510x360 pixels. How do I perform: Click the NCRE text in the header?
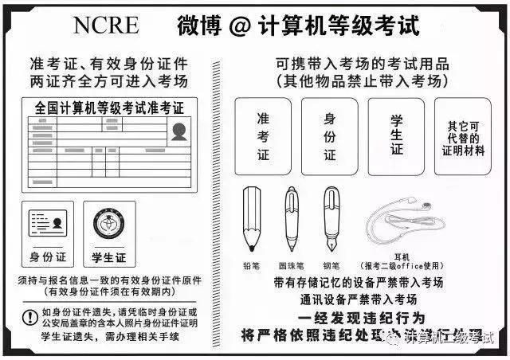point(106,25)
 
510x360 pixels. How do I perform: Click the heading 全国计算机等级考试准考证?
point(109,108)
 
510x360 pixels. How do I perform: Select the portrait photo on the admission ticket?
point(178,132)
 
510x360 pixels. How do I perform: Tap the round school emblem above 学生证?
point(109,225)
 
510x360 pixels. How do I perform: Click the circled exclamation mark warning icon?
point(29,317)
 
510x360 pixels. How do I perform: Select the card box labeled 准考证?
point(264,135)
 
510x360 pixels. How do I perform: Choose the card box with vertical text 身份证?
point(329,135)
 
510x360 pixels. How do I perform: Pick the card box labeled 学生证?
point(395,135)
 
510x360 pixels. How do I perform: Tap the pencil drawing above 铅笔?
point(252,217)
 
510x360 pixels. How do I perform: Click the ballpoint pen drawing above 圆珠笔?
point(291,217)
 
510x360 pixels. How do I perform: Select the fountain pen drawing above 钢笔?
point(331,217)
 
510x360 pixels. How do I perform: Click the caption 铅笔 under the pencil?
point(252,265)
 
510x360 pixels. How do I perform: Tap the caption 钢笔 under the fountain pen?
point(330,265)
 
